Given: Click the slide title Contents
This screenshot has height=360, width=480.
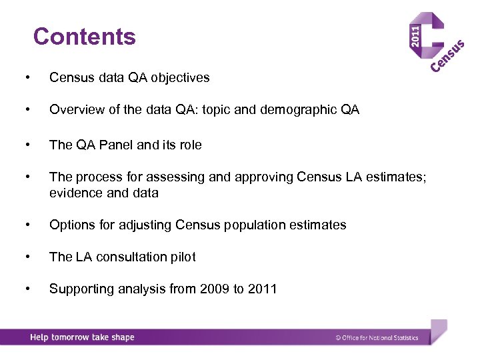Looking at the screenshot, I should pyautogui.click(x=84, y=37).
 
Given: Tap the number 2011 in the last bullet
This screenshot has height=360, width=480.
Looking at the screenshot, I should pyautogui.click(x=263, y=289).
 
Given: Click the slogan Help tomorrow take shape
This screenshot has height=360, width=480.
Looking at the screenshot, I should pyautogui.click(x=82, y=337).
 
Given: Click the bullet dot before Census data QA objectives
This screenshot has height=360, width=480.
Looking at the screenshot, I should pyautogui.click(x=26, y=78).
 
